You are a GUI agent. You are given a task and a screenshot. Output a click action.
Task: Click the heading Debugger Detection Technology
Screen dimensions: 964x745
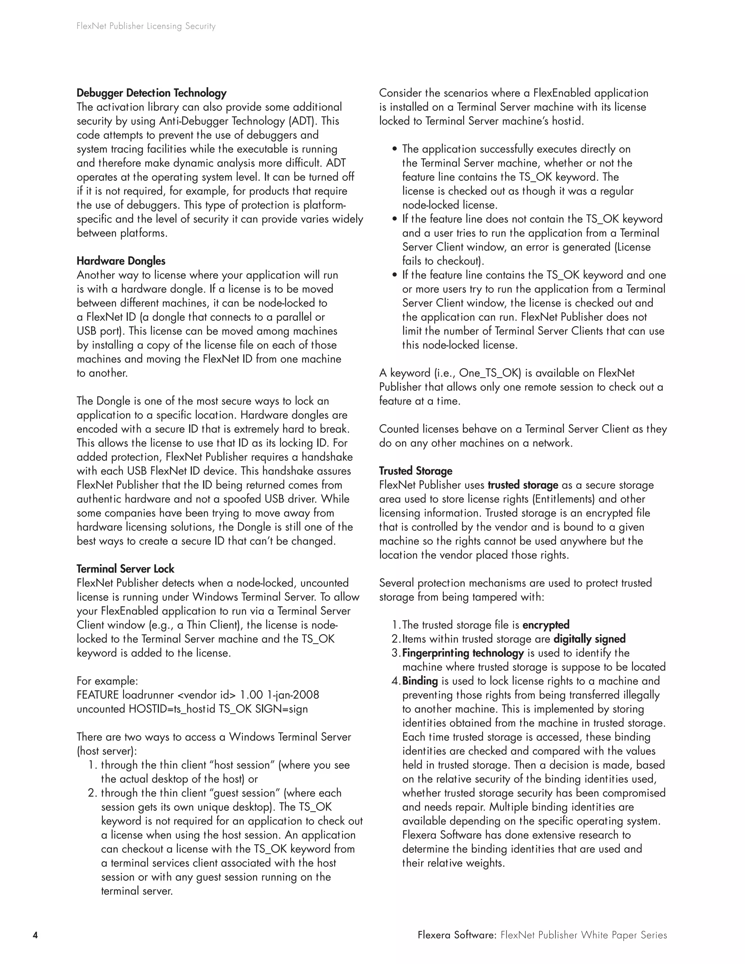tap(151, 93)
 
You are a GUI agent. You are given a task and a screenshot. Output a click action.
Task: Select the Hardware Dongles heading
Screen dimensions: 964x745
tap(121, 261)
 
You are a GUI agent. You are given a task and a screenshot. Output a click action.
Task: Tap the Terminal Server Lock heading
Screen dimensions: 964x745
tap(126, 569)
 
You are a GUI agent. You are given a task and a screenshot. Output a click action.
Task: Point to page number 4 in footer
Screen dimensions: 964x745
tap(35, 935)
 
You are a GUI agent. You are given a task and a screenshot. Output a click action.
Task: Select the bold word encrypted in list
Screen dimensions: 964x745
tap(546, 625)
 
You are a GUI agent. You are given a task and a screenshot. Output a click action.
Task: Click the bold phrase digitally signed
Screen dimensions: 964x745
tap(589, 639)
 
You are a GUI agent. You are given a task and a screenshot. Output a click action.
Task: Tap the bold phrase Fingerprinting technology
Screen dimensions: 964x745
tap(463, 653)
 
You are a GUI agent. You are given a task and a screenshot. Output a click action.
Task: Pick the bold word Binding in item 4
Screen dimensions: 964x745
tap(420, 681)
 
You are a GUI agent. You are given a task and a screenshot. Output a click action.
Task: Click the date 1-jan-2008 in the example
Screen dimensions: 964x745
tap(293, 695)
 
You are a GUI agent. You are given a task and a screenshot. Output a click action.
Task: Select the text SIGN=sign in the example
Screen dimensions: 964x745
tap(282, 709)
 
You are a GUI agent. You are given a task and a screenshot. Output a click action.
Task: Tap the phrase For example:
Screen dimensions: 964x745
tap(107, 681)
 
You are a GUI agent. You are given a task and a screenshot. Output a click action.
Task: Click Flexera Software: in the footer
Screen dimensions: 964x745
tap(457, 935)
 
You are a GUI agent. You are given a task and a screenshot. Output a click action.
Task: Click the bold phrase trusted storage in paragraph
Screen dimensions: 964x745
tap(523, 485)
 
